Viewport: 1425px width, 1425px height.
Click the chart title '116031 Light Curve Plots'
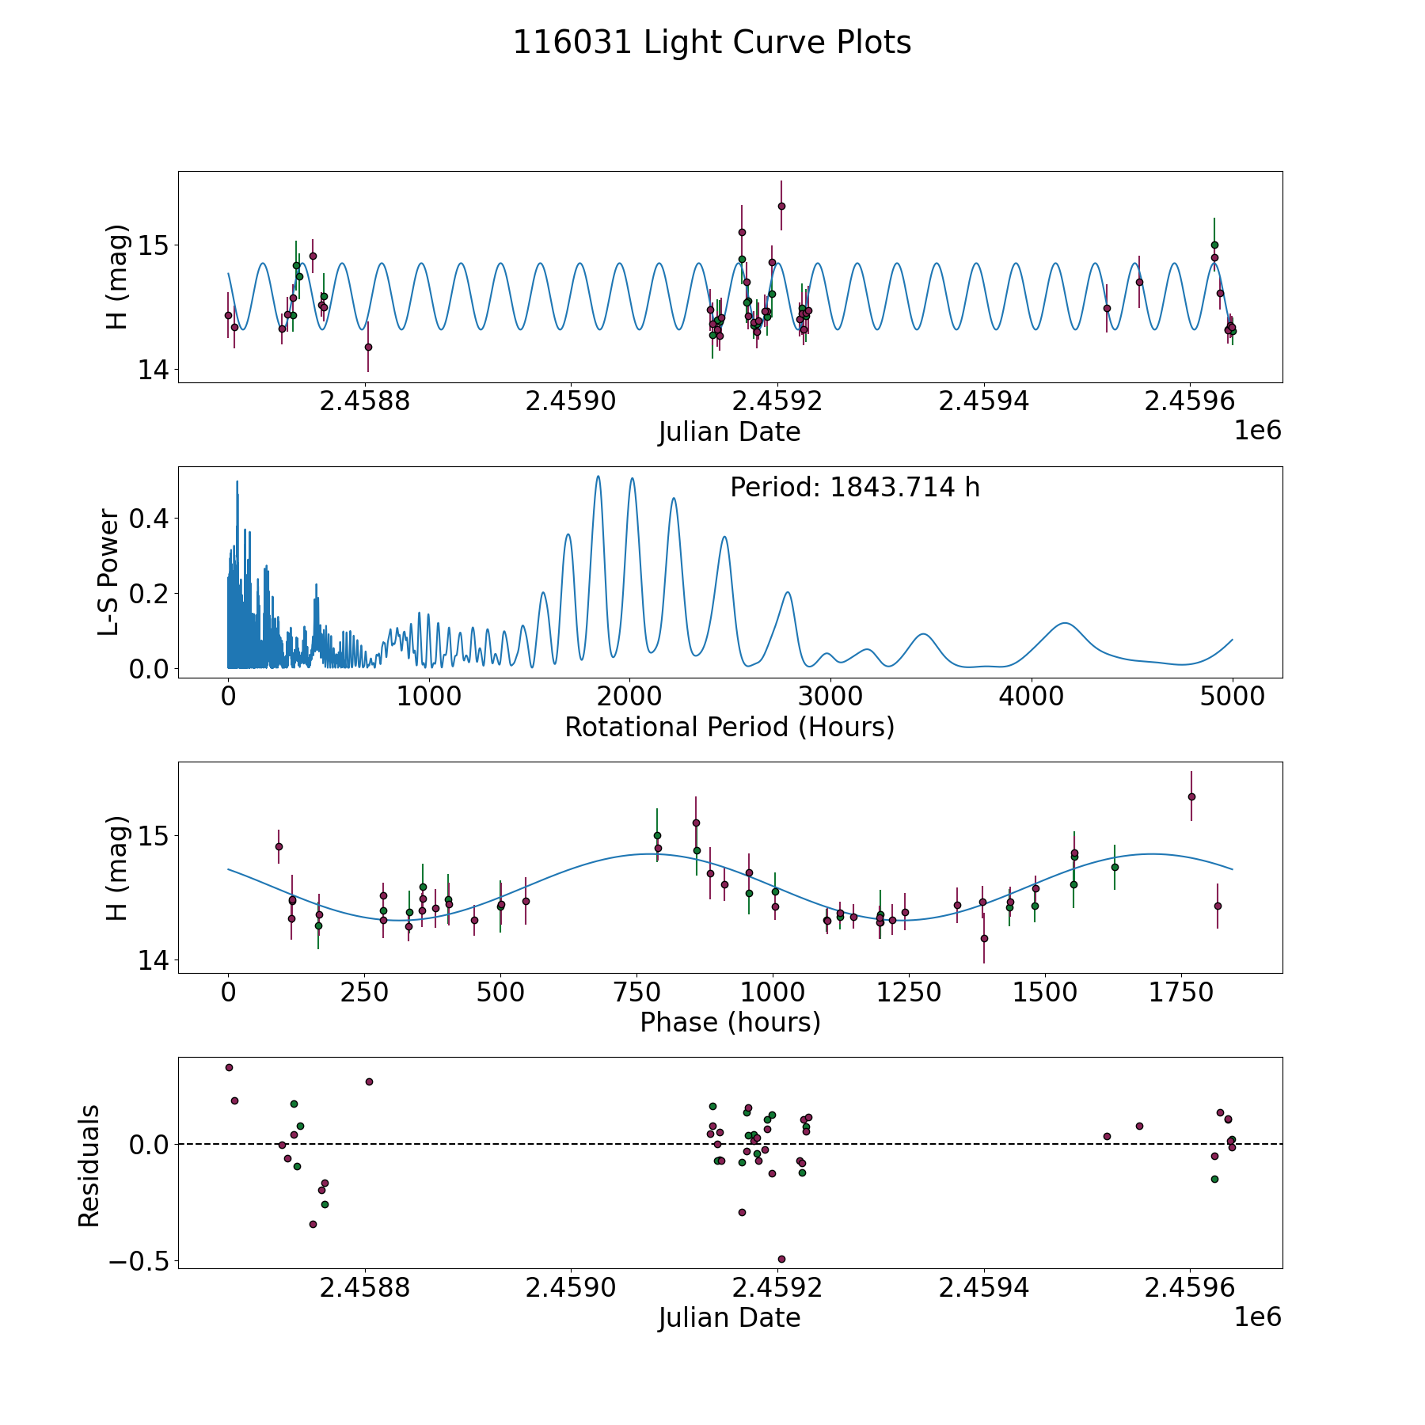[712, 43]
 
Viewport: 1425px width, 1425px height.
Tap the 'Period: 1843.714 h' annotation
[854, 488]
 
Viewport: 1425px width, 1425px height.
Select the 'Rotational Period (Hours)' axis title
[729, 727]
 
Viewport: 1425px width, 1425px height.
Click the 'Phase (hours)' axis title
[729, 1022]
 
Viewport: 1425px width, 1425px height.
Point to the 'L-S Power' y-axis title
[109, 572]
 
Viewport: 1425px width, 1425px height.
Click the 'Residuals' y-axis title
[89, 1165]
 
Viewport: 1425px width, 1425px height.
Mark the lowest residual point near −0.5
[781, 1259]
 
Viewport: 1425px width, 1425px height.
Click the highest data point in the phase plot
[1191, 796]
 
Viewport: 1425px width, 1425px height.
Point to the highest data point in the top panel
[781, 206]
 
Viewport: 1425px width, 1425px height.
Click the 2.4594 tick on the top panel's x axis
[984, 401]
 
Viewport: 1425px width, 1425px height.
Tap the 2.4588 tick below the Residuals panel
[365, 1287]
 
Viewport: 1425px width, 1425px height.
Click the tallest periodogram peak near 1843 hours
[598, 477]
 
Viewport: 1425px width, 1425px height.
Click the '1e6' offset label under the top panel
[1257, 431]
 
